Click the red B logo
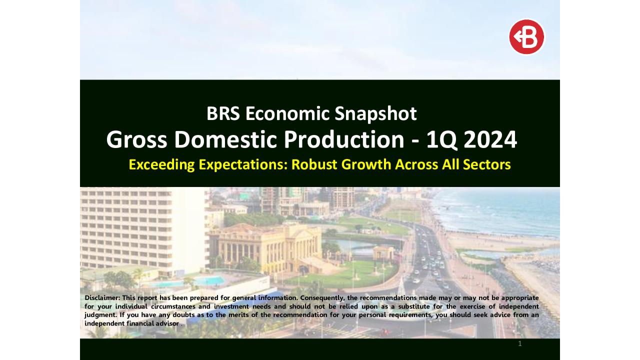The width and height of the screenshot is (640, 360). tap(526, 37)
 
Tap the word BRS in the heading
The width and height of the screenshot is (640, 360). tap(223, 113)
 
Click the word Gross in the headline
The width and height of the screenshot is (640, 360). tap(136, 140)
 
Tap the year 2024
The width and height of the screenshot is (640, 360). tap(490, 140)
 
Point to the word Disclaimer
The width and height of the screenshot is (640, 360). tap(102, 297)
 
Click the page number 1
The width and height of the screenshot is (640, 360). tap(520, 343)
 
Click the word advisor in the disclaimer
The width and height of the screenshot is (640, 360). tap(165, 323)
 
